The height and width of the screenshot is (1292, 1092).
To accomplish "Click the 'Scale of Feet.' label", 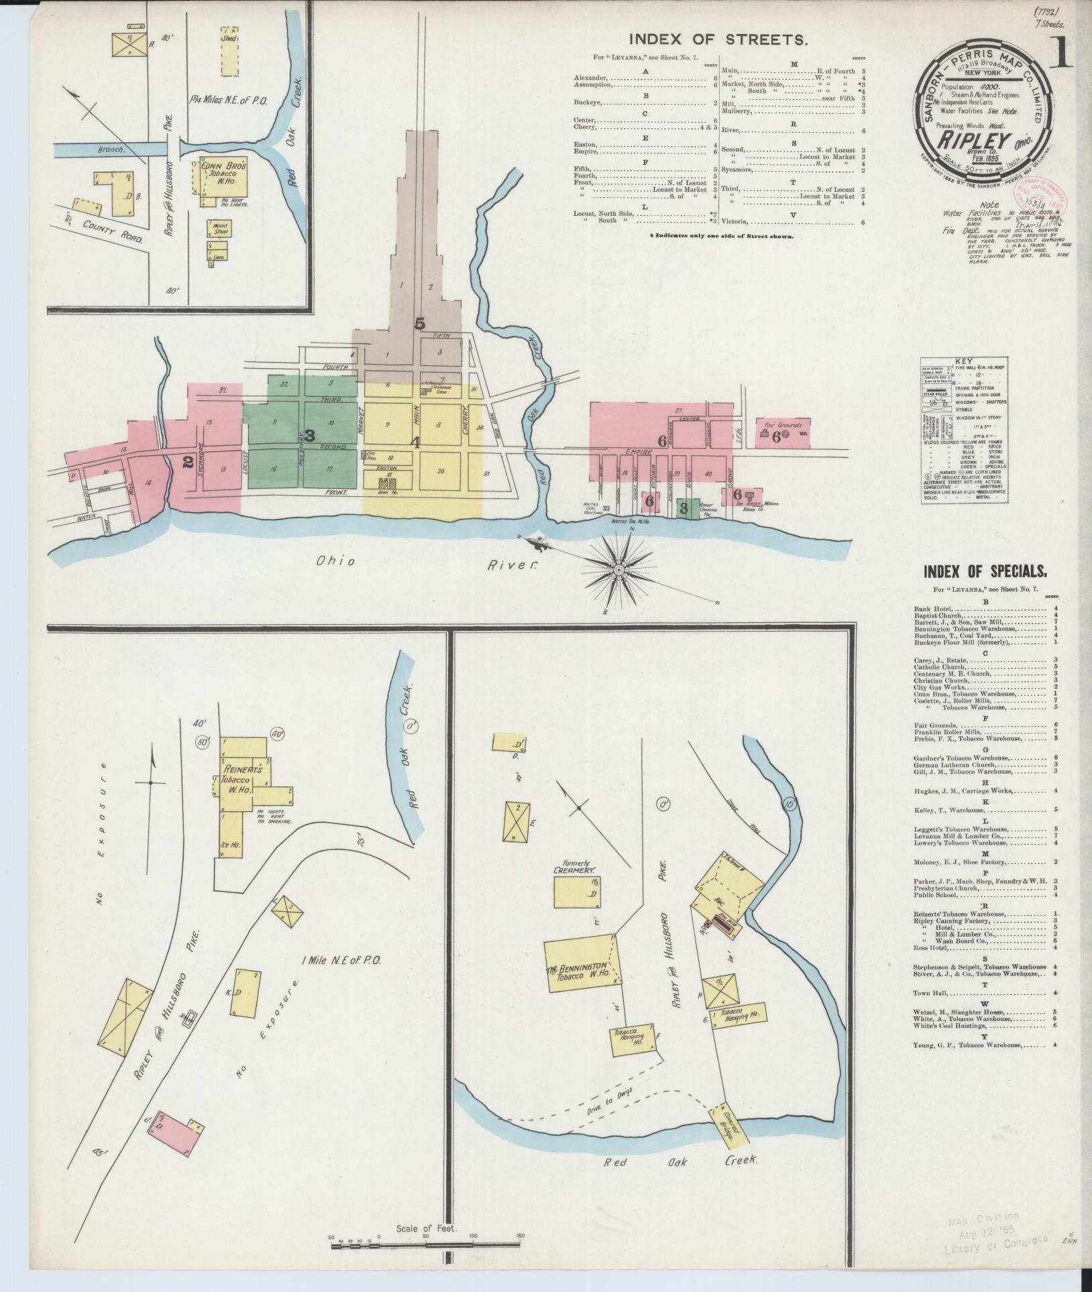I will (426, 1229).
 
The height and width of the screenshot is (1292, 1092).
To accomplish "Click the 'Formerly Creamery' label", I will (574, 869).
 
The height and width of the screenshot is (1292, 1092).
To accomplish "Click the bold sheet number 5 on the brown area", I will (420, 324).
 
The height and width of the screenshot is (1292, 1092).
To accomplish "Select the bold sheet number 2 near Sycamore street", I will (188, 461).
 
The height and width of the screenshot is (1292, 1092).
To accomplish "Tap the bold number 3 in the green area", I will (310, 435).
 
